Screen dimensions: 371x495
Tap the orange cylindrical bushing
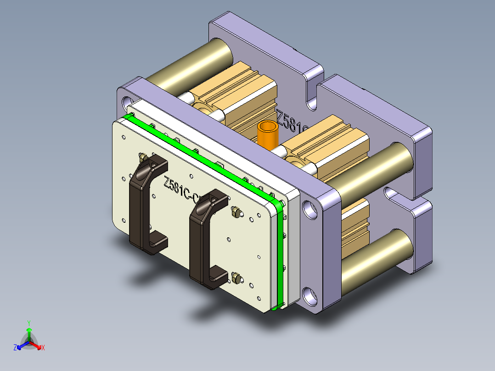pyautogui.click(x=269, y=134)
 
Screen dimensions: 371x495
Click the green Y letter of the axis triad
pyautogui.click(x=28, y=323)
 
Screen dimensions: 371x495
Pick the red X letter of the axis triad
pyautogui.click(x=43, y=348)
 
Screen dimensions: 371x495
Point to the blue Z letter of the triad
pyautogui.click(x=15, y=348)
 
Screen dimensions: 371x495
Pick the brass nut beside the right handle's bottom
pyautogui.click(x=236, y=277)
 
